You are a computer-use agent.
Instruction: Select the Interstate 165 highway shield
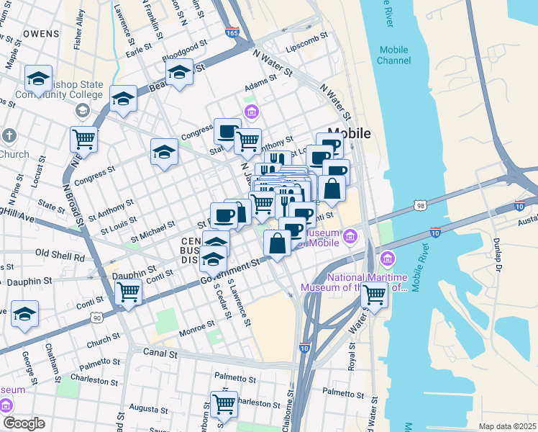pyautogui.click(x=232, y=32)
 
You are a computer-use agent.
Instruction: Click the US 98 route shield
pyautogui.click(x=420, y=206)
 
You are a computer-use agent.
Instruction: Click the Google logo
pyautogui.click(x=23, y=423)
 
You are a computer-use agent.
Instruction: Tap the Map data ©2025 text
pyautogui.click(x=507, y=426)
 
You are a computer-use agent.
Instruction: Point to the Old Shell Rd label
pyautogui.click(x=60, y=255)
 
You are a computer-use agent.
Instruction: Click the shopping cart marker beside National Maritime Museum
pyautogui.click(x=374, y=294)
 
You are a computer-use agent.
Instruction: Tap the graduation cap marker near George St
pyautogui.click(x=24, y=314)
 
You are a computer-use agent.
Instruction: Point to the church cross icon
pyautogui.click(x=9, y=135)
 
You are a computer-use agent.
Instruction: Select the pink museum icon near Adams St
pyautogui.click(x=251, y=111)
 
